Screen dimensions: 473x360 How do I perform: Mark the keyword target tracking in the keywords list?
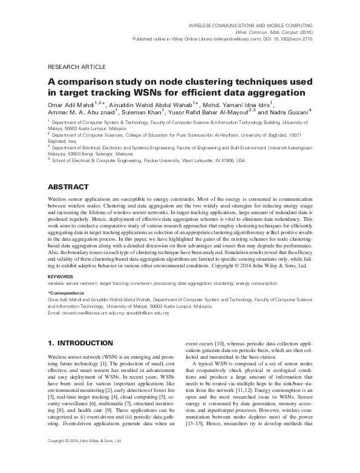[106, 282]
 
